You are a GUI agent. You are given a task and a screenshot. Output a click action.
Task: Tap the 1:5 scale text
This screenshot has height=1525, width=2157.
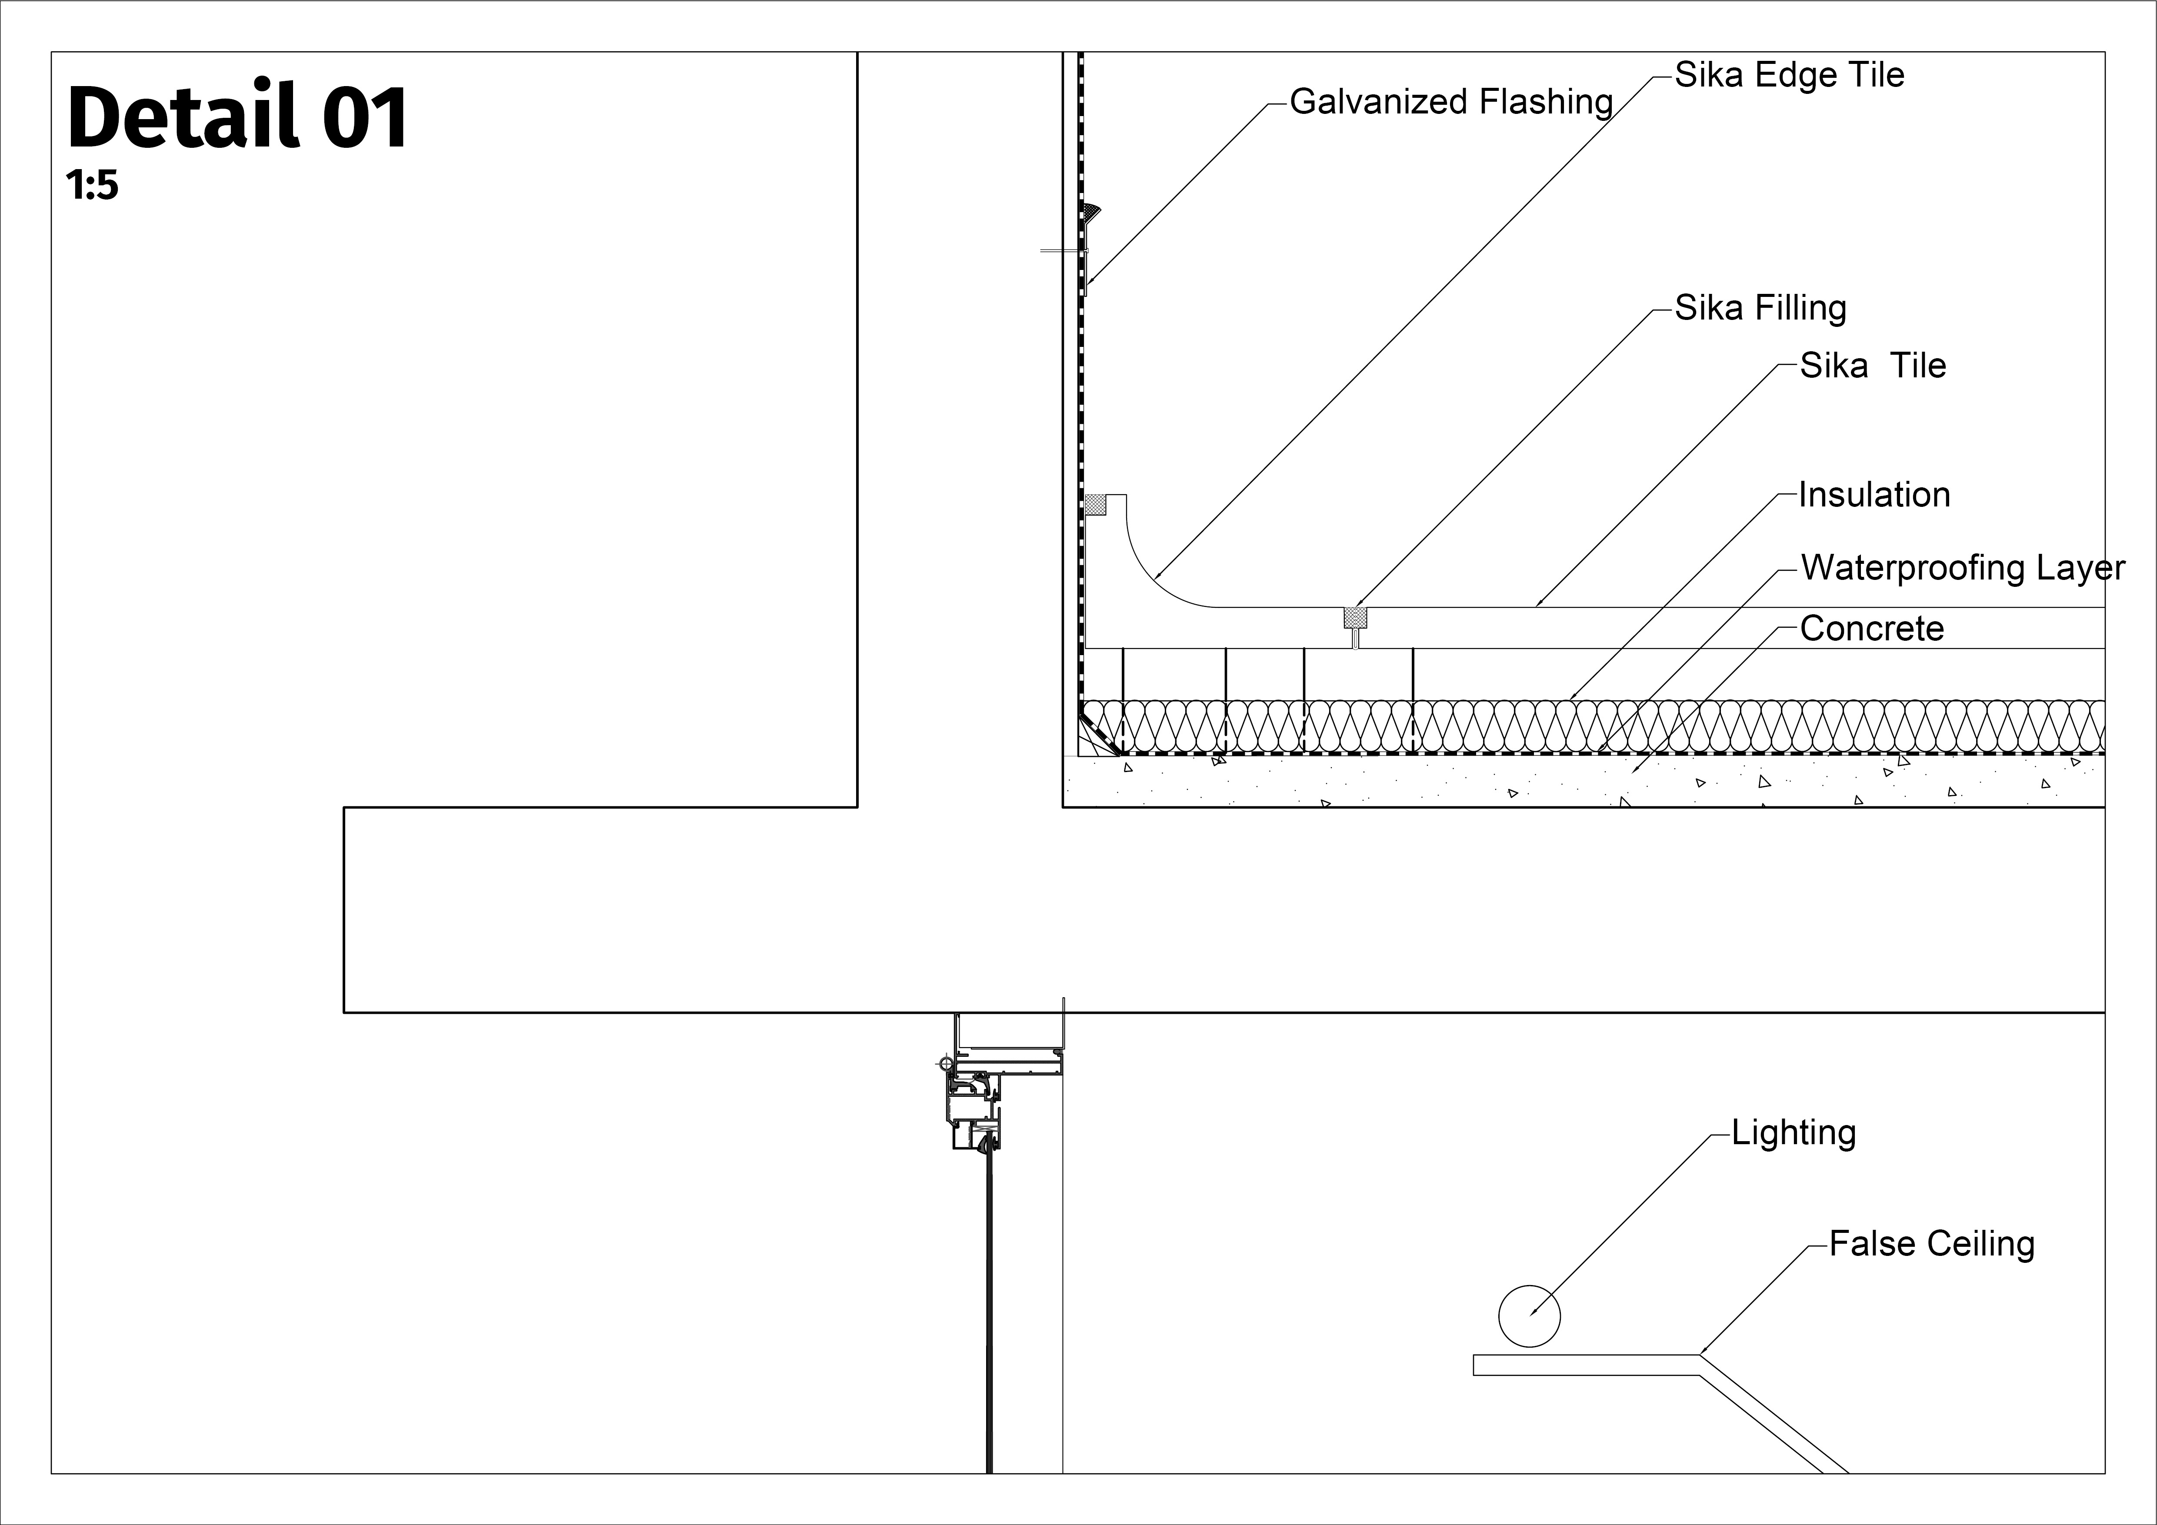(92, 186)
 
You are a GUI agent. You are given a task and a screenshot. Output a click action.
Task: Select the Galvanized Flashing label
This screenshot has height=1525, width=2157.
(1451, 101)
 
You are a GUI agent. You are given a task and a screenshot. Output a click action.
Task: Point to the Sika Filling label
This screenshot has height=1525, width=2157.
(1760, 308)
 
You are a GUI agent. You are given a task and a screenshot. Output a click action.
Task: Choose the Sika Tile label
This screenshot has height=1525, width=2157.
(1872, 365)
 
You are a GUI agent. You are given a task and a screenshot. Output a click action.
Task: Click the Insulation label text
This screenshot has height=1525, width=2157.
(1874, 495)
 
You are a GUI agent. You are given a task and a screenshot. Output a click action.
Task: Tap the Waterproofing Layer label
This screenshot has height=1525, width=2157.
(1963, 568)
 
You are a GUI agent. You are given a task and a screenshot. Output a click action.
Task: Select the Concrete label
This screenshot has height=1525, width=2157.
(1871, 628)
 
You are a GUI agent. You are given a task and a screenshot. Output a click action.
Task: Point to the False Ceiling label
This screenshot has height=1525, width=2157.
(1931, 1244)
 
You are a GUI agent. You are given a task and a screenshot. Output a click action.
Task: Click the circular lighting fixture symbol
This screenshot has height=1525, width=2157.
(1530, 1315)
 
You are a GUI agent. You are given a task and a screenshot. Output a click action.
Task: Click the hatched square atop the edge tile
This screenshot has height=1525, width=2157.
(1095, 504)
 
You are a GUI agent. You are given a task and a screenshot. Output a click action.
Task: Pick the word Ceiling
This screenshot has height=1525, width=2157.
(1982, 1244)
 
